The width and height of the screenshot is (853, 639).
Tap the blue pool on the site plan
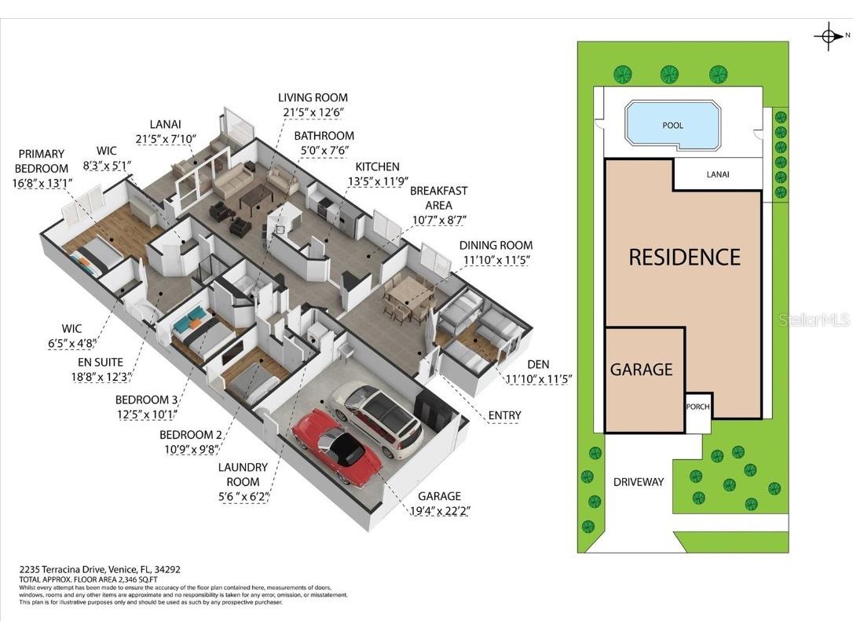coord(672,126)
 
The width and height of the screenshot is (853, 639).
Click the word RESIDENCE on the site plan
coord(684,257)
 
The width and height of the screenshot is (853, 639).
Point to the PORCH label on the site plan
coord(697,407)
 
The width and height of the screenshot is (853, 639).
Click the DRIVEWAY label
coord(639,481)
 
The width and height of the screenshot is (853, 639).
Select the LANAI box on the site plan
coord(717,174)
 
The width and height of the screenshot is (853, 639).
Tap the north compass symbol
coord(829,35)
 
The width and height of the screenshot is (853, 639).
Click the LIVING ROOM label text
coord(313,97)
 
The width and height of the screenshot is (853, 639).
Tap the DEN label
coord(538,364)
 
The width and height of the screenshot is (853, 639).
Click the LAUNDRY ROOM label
coord(243,473)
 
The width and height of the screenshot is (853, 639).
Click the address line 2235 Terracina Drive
coord(100,570)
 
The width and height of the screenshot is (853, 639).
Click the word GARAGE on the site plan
coord(642,369)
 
